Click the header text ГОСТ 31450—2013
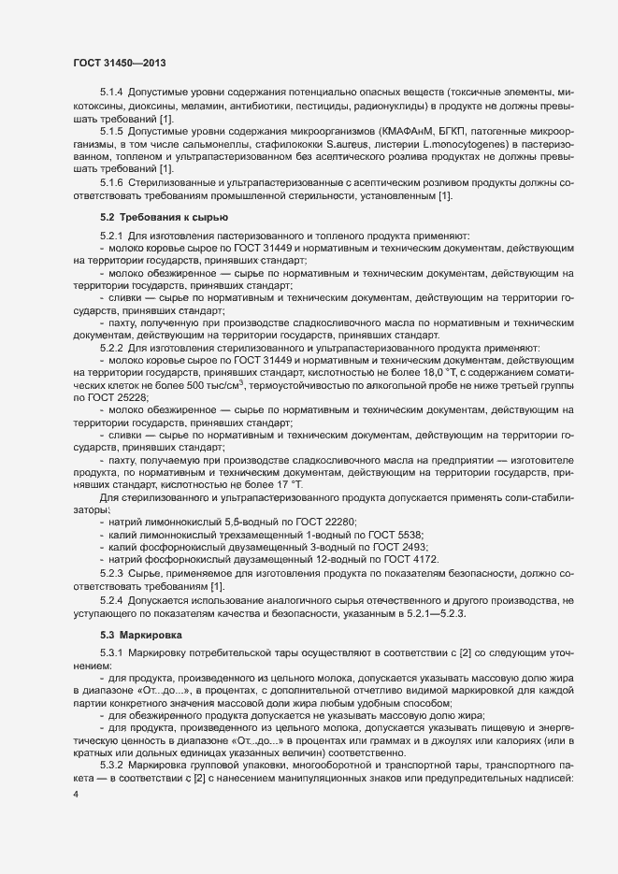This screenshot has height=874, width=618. pyautogui.click(x=120, y=63)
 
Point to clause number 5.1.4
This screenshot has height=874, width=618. pyautogui.click(x=111, y=93)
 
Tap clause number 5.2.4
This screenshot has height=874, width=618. pyautogui.click(x=111, y=598)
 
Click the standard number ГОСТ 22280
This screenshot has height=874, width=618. pyautogui.click(x=327, y=521)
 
